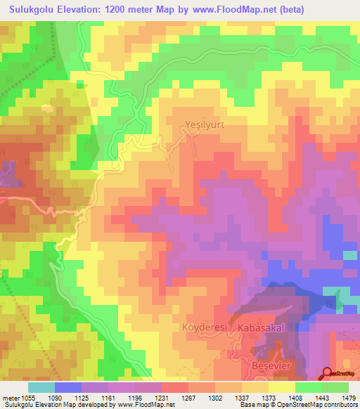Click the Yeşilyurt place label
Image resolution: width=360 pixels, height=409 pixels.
[x=203, y=124]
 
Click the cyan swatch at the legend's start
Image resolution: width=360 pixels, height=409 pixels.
[x=41, y=387]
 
